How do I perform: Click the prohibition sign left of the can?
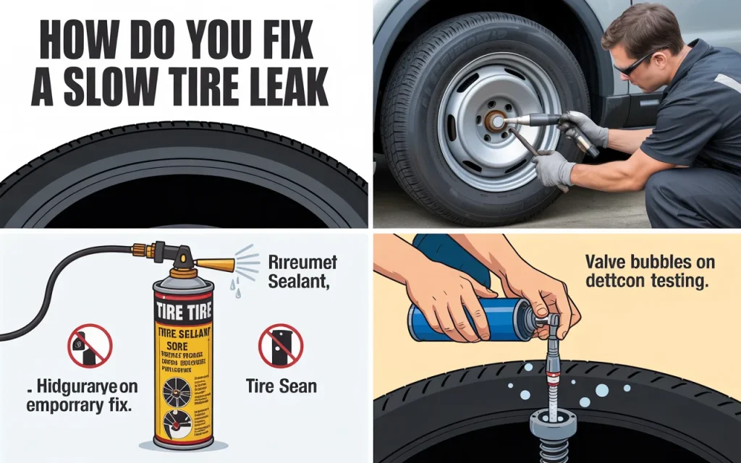90,346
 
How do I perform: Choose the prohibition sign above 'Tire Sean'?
280,346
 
